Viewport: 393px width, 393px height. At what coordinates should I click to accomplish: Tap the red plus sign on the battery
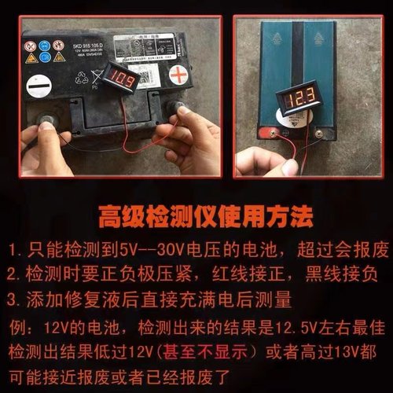[x=180, y=79]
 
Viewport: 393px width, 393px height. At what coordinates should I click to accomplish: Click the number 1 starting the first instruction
[x=13, y=250]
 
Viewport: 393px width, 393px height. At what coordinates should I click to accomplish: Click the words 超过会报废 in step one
[x=333, y=250]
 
